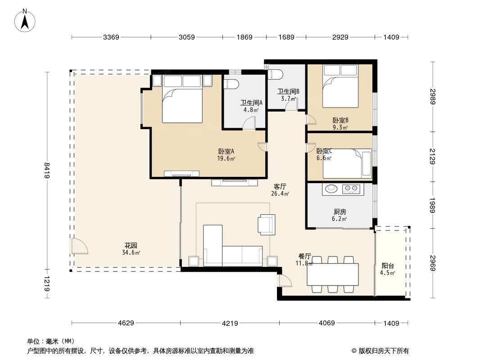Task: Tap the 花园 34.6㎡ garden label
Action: (131, 249)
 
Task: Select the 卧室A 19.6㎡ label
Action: (226, 155)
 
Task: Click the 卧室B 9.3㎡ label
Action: (340, 124)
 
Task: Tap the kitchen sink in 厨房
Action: (331, 189)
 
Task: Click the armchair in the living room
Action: (267, 225)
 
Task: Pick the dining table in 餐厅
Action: (333, 274)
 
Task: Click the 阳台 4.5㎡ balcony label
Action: (388, 269)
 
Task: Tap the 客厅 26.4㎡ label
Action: (280, 190)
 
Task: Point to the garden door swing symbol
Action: (80, 246)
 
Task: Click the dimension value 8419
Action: (47, 171)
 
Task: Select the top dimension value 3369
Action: (111, 37)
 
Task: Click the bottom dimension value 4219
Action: (230, 323)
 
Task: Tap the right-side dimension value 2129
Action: (432, 156)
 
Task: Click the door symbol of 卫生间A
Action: (249, 123)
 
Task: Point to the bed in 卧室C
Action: (347, 164)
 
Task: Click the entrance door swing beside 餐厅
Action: (285, 281)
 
